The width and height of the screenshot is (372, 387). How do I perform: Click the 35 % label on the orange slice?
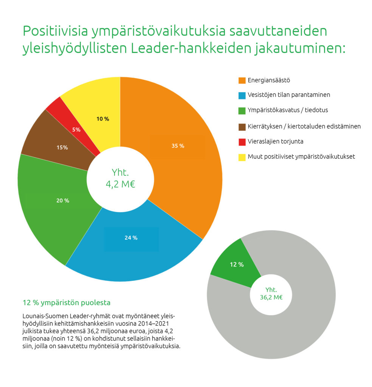[x=177, y=146]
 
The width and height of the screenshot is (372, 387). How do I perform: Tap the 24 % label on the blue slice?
[x=131, y=238]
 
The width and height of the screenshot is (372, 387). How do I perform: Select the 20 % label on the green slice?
[x=63, y=201]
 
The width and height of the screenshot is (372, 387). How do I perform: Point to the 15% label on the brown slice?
[x=62, y=148]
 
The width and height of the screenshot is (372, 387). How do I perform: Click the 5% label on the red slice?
[x=76, y=130]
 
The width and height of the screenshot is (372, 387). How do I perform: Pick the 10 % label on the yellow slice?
[x=102, y=119]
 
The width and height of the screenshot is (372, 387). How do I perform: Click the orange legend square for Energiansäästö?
[x=242, y=80]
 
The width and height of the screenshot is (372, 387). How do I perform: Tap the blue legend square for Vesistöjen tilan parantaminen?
[x=242, y=95]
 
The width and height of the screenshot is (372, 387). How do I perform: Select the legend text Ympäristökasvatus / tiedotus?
[x=288, y=110]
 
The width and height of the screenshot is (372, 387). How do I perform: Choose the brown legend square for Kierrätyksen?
[x=242, y=126]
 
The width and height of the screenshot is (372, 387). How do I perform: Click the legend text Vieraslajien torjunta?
[x=275, y=141]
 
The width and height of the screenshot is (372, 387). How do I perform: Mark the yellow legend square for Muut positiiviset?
[x=242, y=156]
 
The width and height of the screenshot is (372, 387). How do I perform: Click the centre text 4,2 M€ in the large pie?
[x=121, y=185]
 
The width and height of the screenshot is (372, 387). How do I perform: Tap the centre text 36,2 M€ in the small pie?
[x=271, y=297]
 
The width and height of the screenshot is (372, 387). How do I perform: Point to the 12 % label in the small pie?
[x=237, y=265]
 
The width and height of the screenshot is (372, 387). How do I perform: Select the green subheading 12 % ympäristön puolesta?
[x=67, y=303]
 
